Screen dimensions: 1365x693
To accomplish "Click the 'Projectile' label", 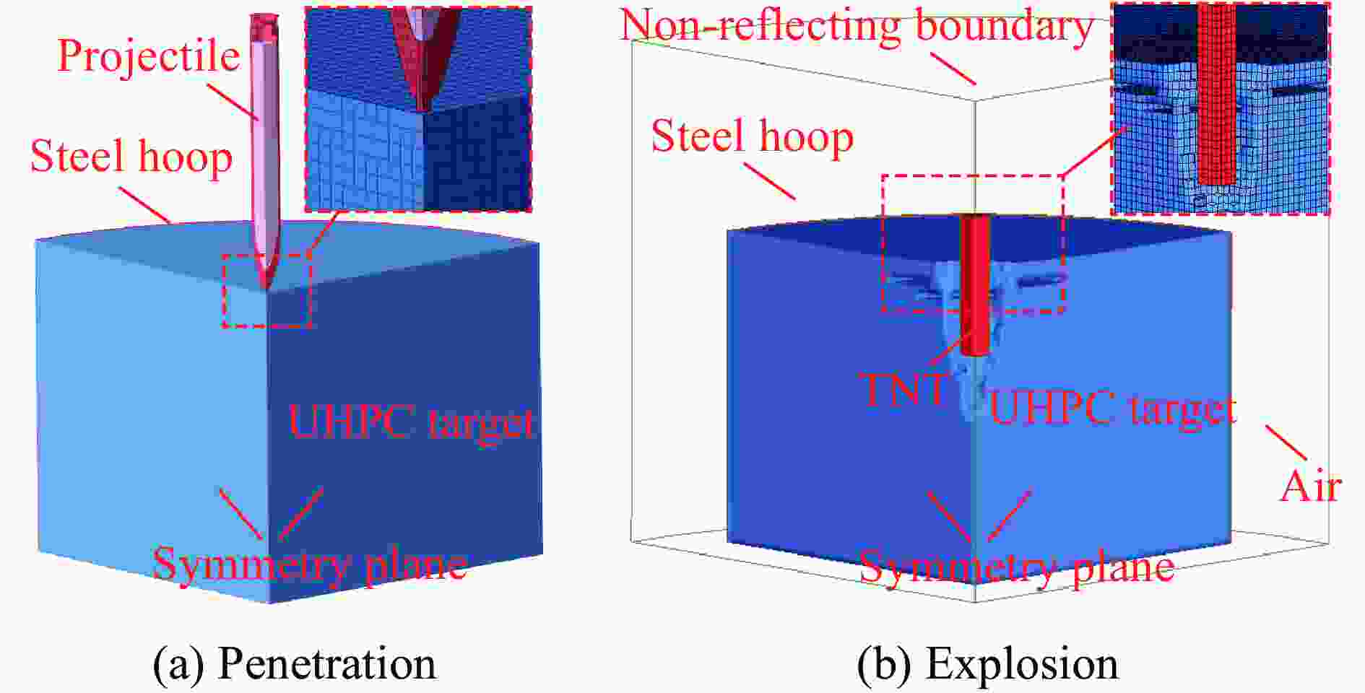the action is tap(148, 57).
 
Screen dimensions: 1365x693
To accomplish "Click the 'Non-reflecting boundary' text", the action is tap(857, 26).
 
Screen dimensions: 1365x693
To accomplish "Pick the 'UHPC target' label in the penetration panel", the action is tap(412, 421).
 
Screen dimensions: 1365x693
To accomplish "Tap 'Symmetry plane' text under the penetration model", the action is tap(310, 565).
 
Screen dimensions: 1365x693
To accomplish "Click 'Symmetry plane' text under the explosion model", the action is tap(1016, 567).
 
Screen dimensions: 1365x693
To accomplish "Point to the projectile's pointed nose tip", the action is tap(267, 288).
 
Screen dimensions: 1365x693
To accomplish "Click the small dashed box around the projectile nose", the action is tap(266, 291).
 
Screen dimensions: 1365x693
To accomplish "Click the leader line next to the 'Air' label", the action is tap(1286, 443).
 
